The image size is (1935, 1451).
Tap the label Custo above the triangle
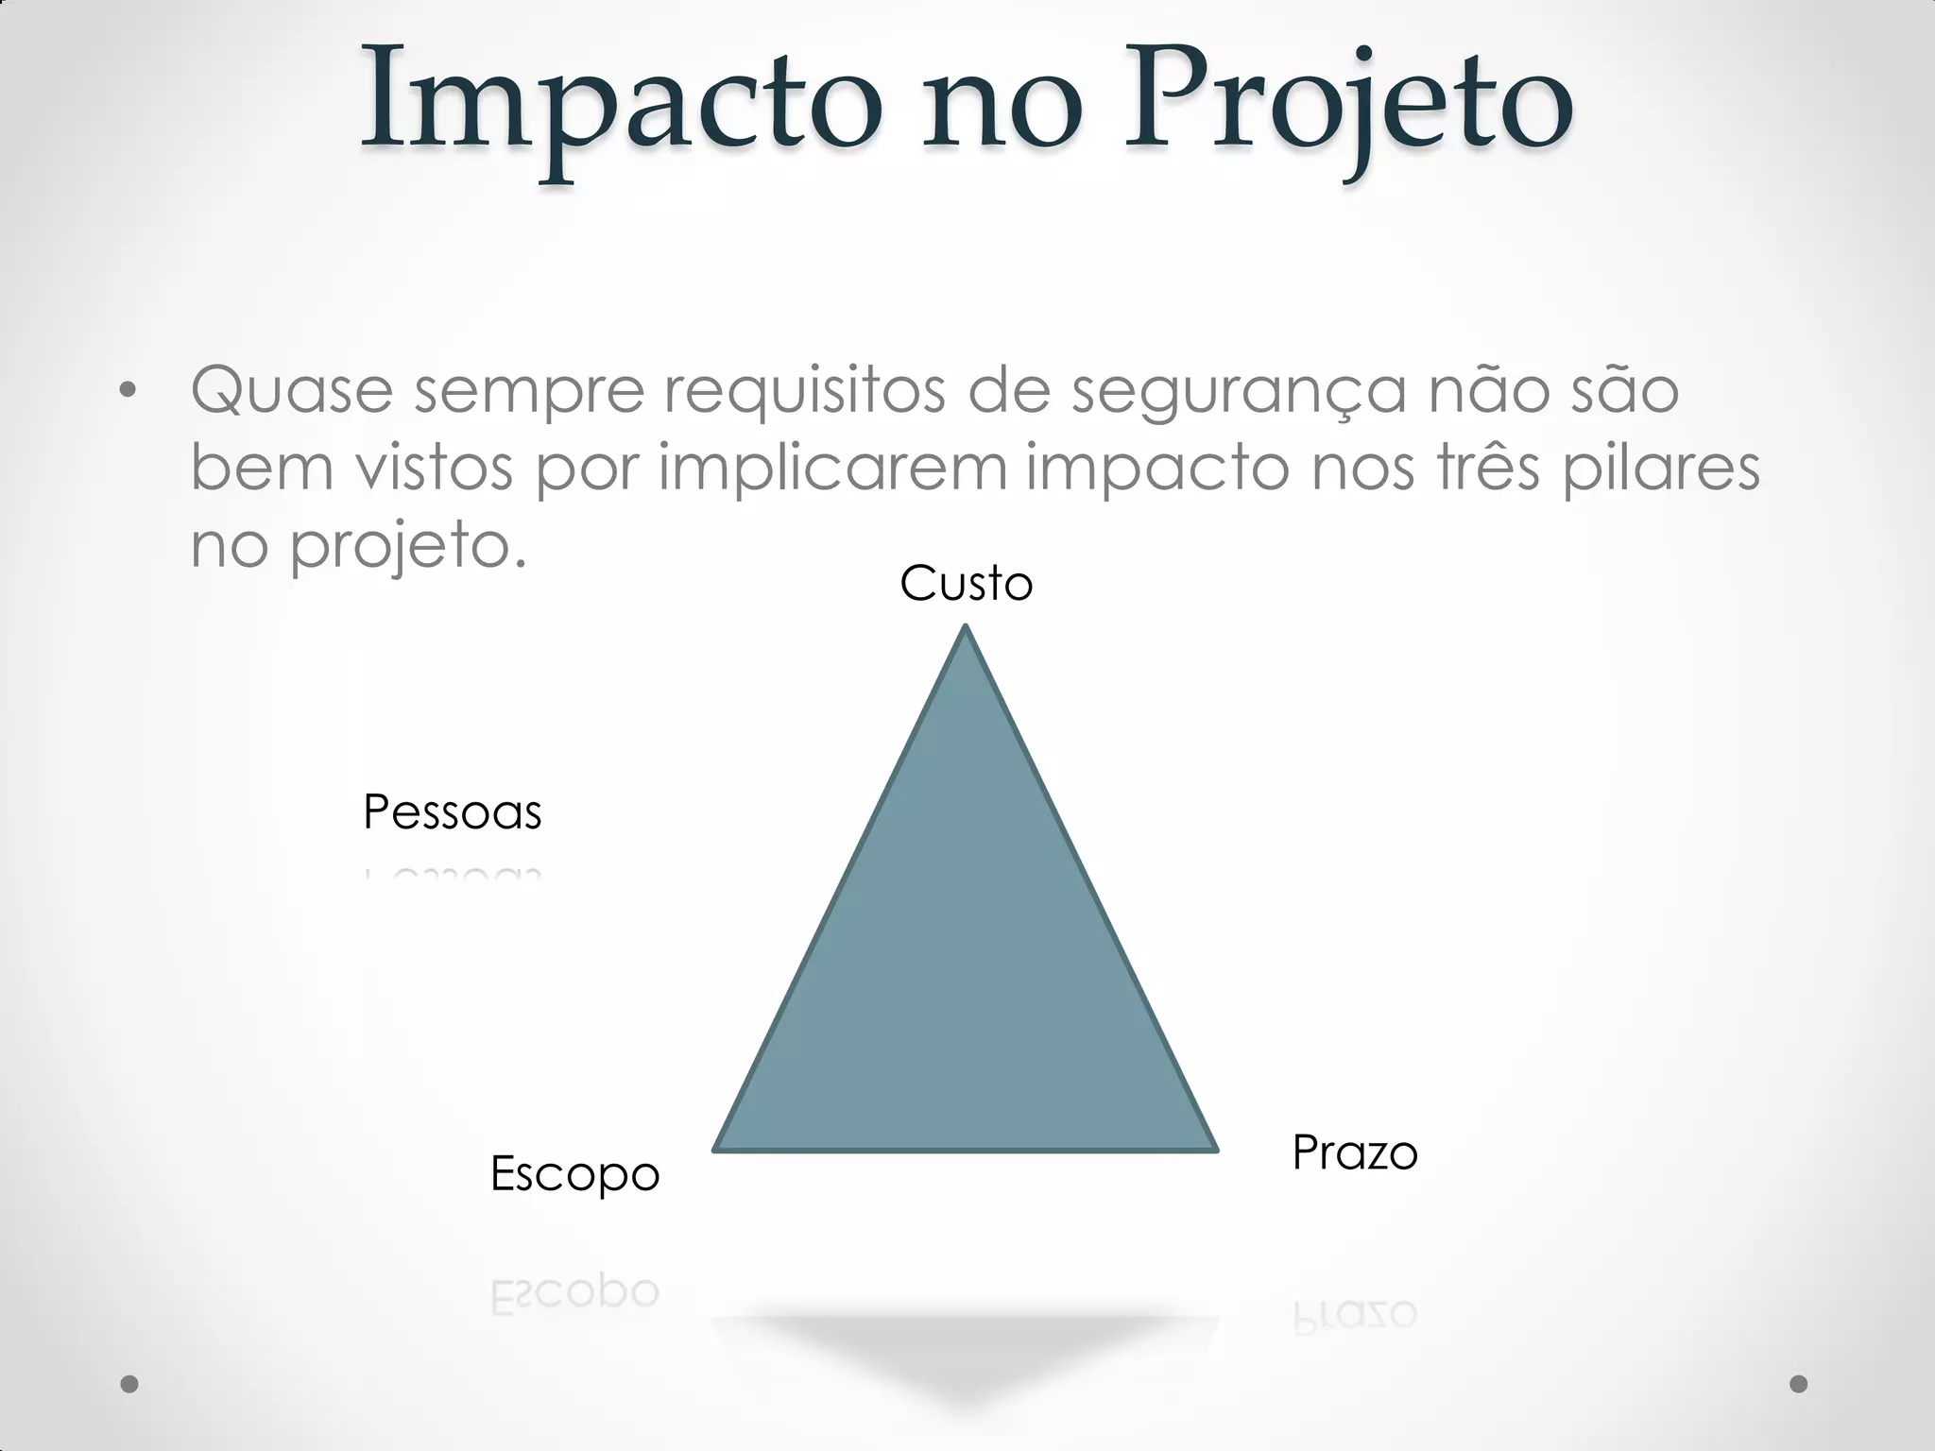tap(966, 584)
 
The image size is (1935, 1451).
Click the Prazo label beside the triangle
tap(1355, 1153)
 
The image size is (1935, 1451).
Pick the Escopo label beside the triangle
tap(574, 1174)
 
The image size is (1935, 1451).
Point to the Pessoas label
tap(452, 812)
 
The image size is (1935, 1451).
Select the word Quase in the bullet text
tap(291, 389)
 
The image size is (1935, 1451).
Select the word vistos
tap(434, 467)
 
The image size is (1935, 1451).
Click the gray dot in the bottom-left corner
tap(129, 1384)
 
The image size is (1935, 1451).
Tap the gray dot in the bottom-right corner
tap(1799, 1384)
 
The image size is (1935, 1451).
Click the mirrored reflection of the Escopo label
tap(574, 1292)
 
